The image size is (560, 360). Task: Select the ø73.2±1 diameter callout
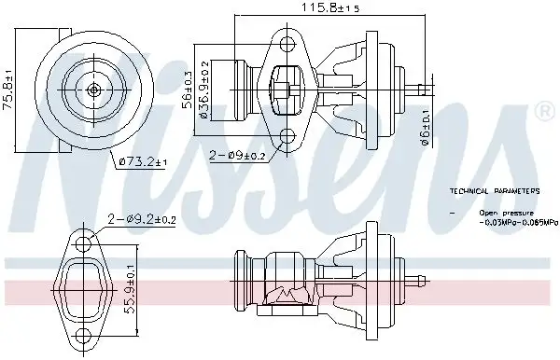143,163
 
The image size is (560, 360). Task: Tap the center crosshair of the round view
94,90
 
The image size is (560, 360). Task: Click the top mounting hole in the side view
287,40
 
